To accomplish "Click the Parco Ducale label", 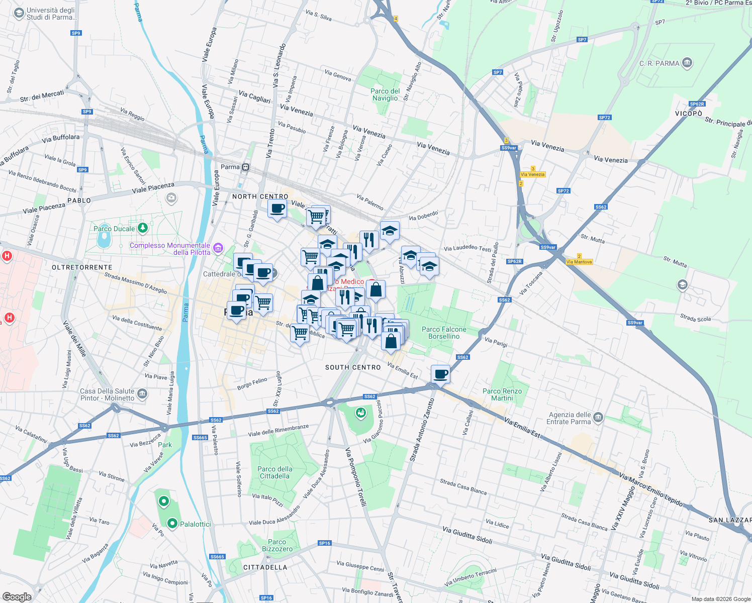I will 114,229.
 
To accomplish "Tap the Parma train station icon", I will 245,167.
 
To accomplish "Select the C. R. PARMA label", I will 659,63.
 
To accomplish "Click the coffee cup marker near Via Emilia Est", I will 440,374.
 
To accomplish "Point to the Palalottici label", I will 196,524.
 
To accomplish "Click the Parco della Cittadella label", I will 274,472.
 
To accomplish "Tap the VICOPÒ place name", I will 688,114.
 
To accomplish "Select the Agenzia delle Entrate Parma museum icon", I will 598,417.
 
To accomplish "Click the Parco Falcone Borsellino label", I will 444,333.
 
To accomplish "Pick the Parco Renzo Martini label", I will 502,394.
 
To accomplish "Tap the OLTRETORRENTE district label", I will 82,267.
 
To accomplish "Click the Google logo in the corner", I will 17,596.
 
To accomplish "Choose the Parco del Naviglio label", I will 385,94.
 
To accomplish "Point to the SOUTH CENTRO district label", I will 353,367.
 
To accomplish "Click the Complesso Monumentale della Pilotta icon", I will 218,248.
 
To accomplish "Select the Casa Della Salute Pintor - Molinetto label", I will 107,394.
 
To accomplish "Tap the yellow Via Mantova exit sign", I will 579,262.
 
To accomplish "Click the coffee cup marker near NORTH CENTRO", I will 277,209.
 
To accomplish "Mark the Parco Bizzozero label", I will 277,545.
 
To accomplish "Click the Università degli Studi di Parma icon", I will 19,13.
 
